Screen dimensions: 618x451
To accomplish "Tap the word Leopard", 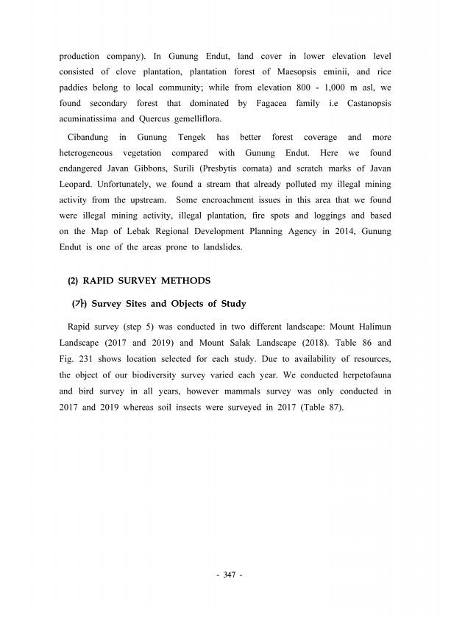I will click(78, 185).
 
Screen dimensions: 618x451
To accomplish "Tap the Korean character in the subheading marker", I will click(77, 304).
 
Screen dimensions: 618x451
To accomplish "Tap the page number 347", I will click(226, 575).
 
